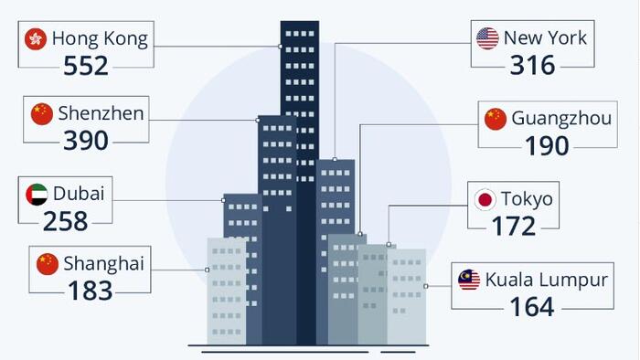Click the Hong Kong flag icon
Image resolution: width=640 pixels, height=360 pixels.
(x=36, y=39)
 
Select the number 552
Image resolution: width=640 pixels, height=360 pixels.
(x=86, y=66)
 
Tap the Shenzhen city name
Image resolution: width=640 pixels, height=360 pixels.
(x=101, y=113)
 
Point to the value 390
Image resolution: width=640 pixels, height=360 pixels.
(x=86, y=141)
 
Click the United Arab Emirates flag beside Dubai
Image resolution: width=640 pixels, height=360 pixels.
(x=37, y=195)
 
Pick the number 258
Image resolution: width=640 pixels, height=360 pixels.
(x=65, y=221)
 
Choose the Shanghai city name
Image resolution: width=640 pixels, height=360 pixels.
(x=103, y=264)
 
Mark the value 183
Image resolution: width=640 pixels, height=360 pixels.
(x=91, y=291)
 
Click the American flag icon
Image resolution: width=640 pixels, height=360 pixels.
(x=487, y=38)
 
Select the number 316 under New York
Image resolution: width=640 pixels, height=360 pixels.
(x=533, y=65)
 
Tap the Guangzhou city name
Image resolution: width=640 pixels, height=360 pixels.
(x=561, y=118)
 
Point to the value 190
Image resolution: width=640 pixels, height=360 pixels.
(x=547, y=145)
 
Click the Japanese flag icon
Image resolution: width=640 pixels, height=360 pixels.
(x=485, y=200)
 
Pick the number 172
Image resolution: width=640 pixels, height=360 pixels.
(x=514, y=226)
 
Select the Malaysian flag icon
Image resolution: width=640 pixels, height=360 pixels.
(x=469, y=280)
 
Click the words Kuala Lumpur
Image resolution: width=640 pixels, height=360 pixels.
(x=547, y=280)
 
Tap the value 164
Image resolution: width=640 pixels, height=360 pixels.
(x=532, y=307)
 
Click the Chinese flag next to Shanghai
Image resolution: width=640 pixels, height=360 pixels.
(x=48, y=264)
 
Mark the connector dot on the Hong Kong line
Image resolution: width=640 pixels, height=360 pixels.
(x=280, y=47)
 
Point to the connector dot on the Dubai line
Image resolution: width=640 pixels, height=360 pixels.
(x=223, y=200)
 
